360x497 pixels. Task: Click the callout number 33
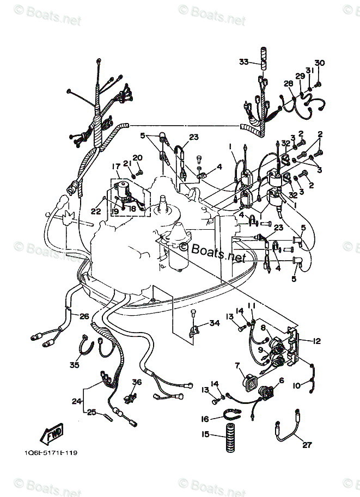pyautogui.click(x=243, y=62)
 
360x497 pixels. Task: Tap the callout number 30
pyautogui.click(x=319, y=63)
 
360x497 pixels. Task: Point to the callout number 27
pyautogui.click(x=307, y=445)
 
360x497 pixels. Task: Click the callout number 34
pyautogui.click(x=214, y=323)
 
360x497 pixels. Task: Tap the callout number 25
pyautogui.click(x=92, y=412)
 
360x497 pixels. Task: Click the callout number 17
pyautogui.click(x=115, y=166)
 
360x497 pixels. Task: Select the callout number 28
pyautogui.click(x=288, y=83)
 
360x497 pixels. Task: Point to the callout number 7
pyautogui.click(x=237, y=365)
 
